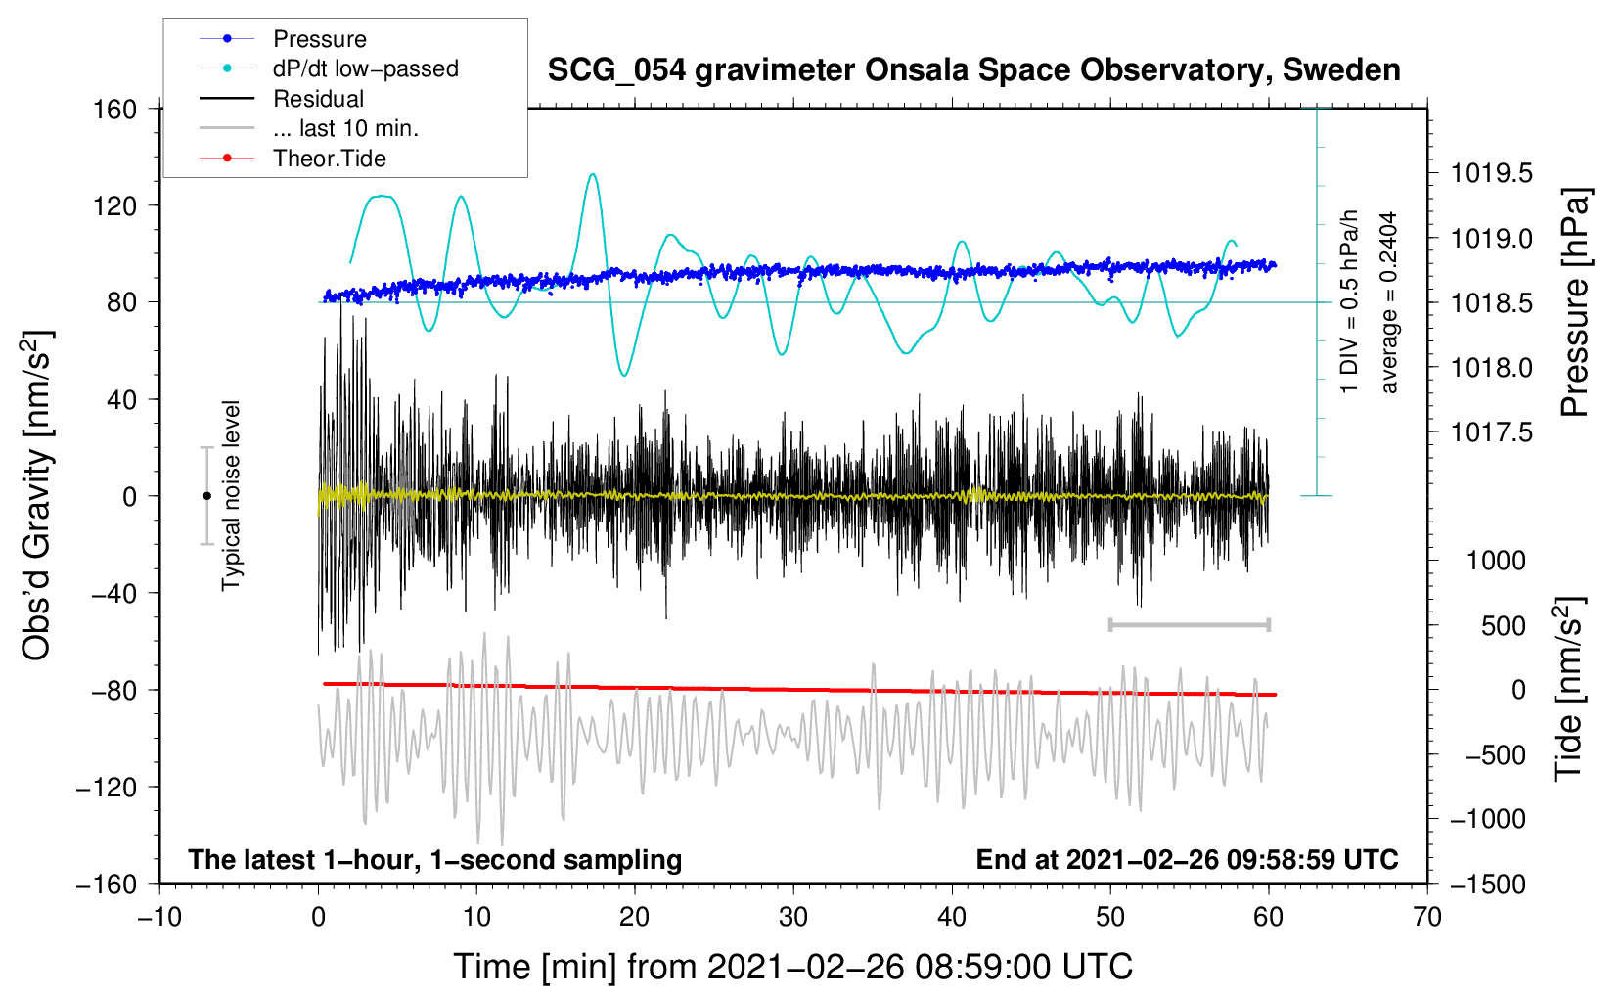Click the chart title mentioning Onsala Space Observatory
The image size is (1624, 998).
tap(973, 70)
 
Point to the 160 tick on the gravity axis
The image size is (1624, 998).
tap(115, 109)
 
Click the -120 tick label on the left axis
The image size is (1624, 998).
tap(107, 788)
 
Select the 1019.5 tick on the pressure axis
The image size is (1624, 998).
tap(1492, 174)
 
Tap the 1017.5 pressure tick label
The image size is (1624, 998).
tap(1492, 432)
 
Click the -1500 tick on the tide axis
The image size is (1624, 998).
tap(1488, 885)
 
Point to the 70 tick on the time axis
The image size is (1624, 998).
tap(1427, 917)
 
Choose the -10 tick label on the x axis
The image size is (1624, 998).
tap(159, 917)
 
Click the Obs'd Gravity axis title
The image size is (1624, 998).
tap(36, 496)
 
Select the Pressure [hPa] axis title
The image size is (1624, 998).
tap(1575, 303)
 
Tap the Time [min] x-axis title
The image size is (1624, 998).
tap(792, 967)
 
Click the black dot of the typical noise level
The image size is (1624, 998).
tap(206, 496)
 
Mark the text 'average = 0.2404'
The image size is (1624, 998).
tap(1389, 303)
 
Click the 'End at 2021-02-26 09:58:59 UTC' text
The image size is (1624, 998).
tap(1187, 859)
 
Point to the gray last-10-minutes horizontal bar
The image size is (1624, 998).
tap(1189, 624)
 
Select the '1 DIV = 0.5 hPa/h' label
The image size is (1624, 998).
tap(1350, 301)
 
